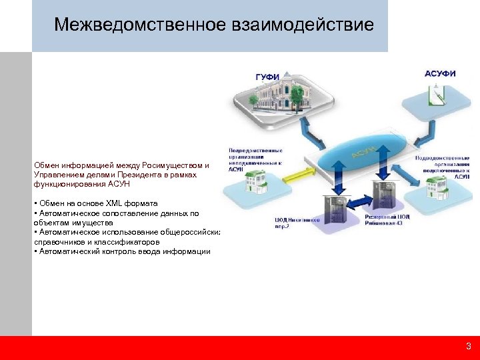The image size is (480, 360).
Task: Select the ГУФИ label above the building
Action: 267,77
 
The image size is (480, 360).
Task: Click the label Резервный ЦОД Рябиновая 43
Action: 387,220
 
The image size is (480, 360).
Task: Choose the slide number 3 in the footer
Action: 468,347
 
